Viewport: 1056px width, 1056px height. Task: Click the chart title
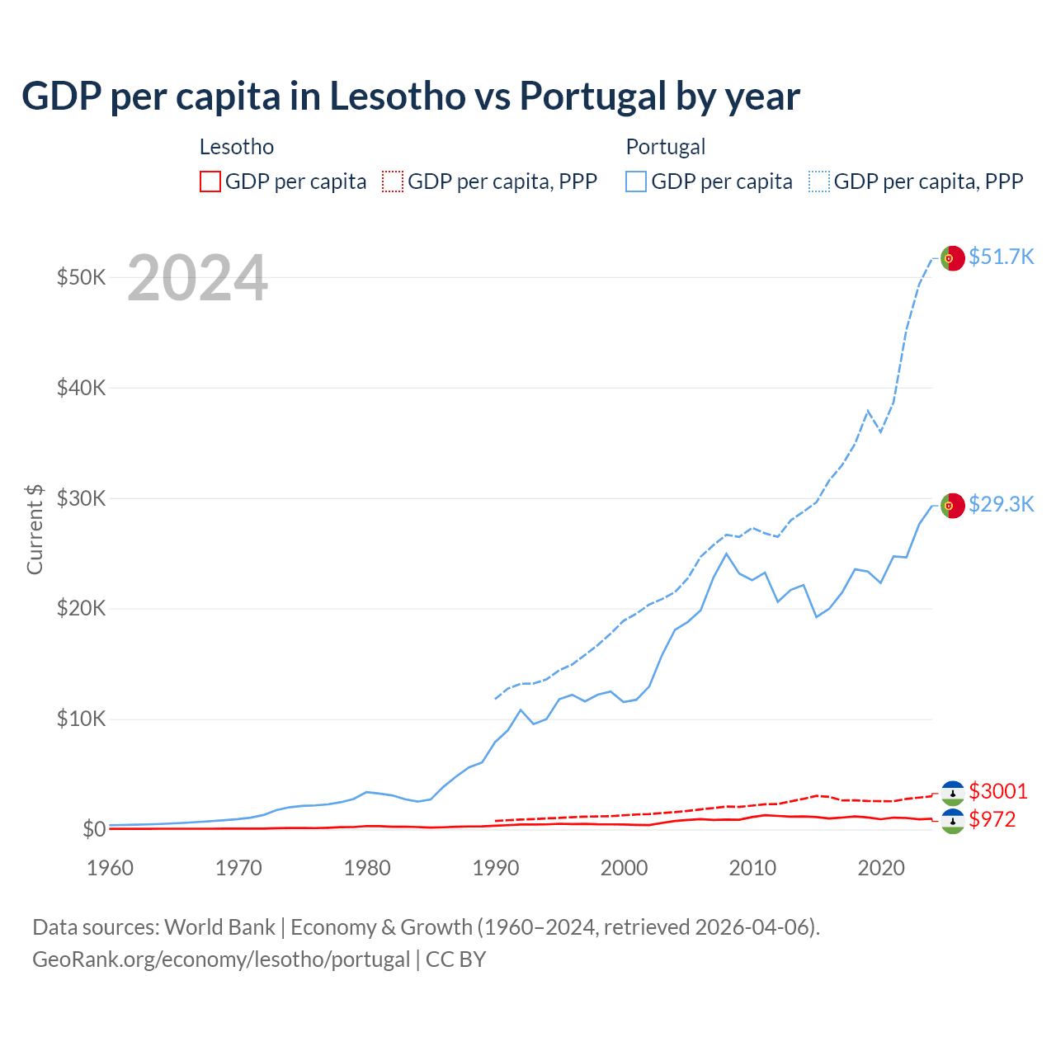[411, 97]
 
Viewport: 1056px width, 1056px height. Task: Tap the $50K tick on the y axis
[81, 277]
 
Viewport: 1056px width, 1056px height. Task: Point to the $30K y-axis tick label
[81, 498]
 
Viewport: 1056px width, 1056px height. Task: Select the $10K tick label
[81, 719]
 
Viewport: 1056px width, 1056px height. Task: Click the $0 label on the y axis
[93, 829]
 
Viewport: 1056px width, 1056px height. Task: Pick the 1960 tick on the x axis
[110, 868]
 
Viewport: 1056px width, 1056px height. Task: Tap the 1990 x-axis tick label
[496, 868]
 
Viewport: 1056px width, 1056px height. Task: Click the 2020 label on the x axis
[881, 868]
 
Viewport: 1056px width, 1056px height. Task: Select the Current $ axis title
[35, 529]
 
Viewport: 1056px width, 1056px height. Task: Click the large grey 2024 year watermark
[197, 278]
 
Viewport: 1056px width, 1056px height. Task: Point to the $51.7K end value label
[1001, 257]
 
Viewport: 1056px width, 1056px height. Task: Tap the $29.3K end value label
[1001, 504]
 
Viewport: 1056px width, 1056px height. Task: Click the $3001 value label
[998, 791]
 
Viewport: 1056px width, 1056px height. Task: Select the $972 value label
[992, 819]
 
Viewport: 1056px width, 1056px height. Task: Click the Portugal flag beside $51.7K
[953, 258]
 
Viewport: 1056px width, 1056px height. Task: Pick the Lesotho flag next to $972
[953, 821]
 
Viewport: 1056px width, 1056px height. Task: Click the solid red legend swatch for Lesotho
[210, 181]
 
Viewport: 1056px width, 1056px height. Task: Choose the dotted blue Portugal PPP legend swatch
[819, 181]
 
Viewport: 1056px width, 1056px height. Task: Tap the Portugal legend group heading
[666, 147]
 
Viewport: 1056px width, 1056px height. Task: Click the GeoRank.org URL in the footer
[221, 959]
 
